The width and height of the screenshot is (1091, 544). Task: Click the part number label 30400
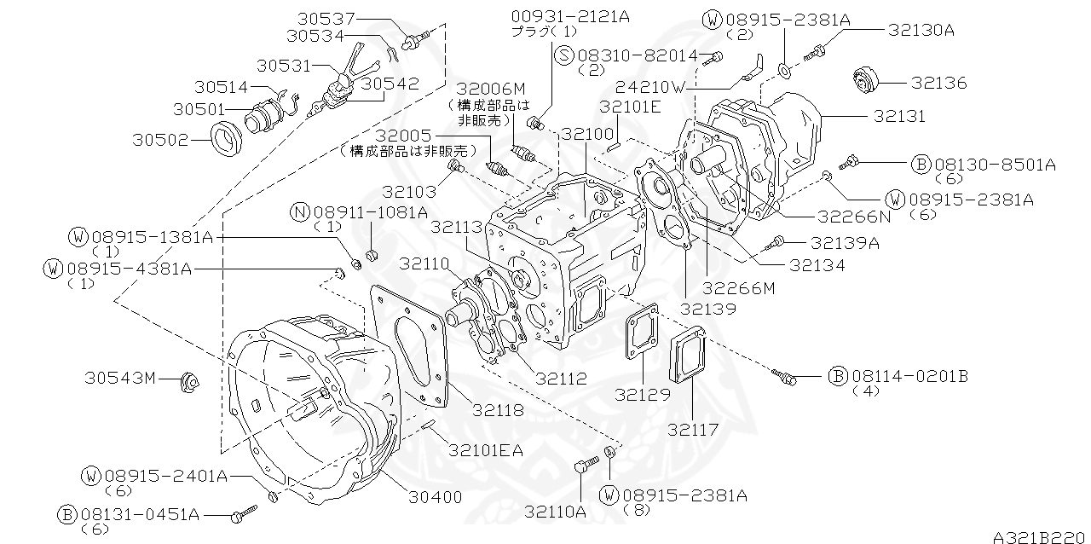pyautogui.click(x=435, y=497)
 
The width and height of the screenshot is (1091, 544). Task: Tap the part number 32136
pyautogui.click(x=938, y=83)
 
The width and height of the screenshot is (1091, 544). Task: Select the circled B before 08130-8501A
pyautogui.click(x=921, y=163)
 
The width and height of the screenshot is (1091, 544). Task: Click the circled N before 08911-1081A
pyautogui.click(x=299, y=211)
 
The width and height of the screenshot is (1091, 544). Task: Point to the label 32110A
pyautogui.click(x=555, y=512)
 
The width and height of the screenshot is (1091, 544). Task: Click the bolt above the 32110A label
pyautogui.click(x=582, y=466)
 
